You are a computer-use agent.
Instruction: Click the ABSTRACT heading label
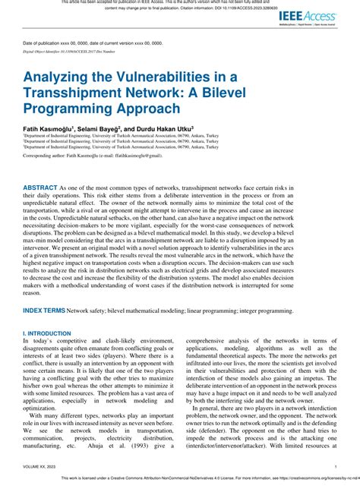[46, 187]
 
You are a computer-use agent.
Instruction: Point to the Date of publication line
[93, 43]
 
